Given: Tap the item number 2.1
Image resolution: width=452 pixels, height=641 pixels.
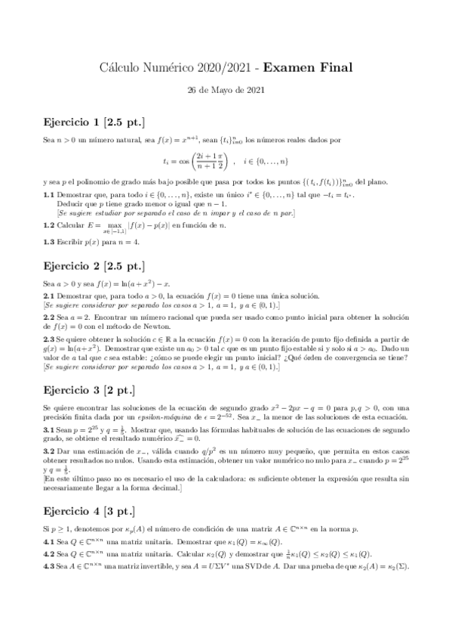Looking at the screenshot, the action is click(x=49, y=296).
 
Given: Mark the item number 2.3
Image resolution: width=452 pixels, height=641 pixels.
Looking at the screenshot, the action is click(x=49, y=342).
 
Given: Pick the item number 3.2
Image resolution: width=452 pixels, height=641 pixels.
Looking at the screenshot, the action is click(x=49, y=451).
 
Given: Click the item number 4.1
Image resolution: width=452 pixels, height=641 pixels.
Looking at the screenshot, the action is click(x=49, y=541).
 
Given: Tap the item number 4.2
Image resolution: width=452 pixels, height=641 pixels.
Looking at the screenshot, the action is click(x=49, y=554).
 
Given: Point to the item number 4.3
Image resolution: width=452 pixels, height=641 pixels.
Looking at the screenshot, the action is click(x=49, y=566).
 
